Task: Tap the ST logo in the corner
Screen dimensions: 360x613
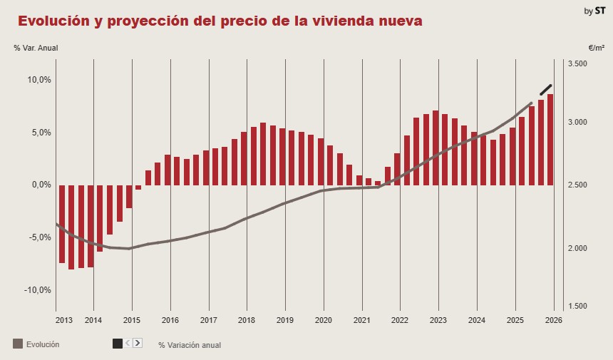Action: pos(600,11)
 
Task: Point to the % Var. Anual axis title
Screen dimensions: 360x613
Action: pos(36,48)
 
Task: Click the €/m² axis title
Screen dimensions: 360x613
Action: pos(597,48)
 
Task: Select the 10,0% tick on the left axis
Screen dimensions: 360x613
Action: pos(39,80)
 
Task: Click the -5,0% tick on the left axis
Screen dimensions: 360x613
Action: pos(39,237)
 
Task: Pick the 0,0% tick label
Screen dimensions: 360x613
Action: pos(39,185)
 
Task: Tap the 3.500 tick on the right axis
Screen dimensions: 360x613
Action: pos(577,64)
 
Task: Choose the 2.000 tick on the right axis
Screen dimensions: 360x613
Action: pos(577,248)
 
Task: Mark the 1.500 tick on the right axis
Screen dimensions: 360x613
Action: pos(577,306)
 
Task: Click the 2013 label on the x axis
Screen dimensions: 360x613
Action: pos(64,320)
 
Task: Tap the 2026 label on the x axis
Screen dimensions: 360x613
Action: pos(553,320)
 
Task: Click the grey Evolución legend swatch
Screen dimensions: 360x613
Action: pos(18,344)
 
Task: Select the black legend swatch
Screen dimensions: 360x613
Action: pos(118,344)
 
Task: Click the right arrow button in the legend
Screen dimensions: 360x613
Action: pos(138,343)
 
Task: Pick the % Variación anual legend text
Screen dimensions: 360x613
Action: pos(190,345)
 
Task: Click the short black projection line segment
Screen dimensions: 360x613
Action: pos(546,90)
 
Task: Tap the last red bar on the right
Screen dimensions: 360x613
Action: pos(550,140)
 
